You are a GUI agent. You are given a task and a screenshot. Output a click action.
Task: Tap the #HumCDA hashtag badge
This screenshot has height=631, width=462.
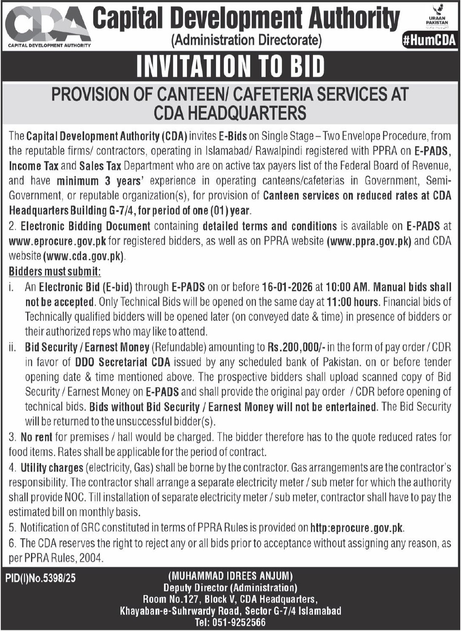(429, 41)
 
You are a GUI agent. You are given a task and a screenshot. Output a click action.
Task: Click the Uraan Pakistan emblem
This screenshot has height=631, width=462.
(437, 18)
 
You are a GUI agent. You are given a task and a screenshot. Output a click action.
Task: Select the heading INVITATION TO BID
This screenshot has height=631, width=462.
(231, 67)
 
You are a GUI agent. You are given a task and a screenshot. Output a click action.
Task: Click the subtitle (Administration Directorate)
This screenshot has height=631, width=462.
(246, 41)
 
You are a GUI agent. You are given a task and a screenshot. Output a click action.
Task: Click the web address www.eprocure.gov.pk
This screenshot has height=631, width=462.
(58, 241)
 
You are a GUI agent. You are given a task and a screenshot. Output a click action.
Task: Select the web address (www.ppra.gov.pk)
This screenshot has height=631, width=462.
(369, 241)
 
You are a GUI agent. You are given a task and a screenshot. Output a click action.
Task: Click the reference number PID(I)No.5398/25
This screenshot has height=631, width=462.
(41, 578)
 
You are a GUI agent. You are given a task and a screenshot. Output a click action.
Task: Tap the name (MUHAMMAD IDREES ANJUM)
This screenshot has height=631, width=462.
(231, 576)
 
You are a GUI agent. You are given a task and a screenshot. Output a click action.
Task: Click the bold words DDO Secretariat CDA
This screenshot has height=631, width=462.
(123, 362)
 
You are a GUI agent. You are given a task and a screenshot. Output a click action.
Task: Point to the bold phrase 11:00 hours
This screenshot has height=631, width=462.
(353, 302)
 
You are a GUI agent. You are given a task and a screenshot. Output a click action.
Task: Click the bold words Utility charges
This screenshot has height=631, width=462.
(52, 468)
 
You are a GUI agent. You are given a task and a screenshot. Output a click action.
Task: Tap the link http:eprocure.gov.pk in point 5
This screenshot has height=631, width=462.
(357, 528)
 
